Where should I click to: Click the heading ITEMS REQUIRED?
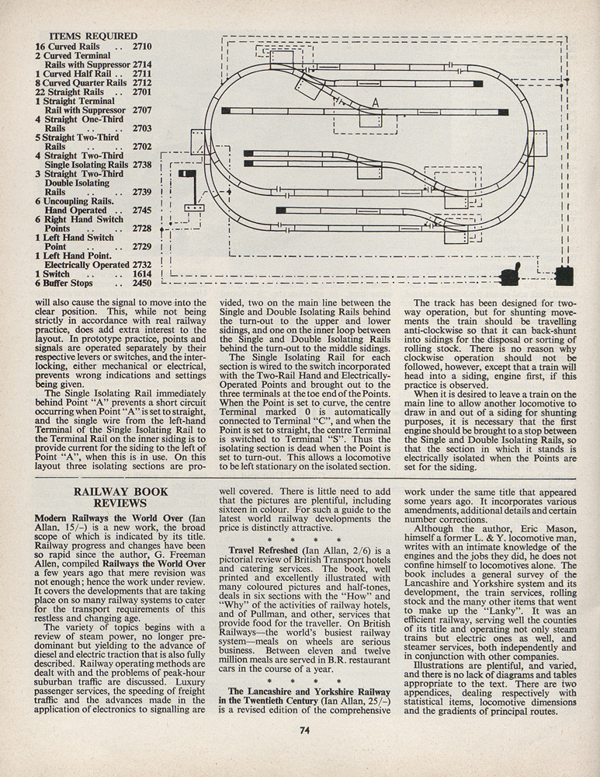[92, 36]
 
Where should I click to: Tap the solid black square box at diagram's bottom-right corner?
[564, 275]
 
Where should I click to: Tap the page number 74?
[304, 729]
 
